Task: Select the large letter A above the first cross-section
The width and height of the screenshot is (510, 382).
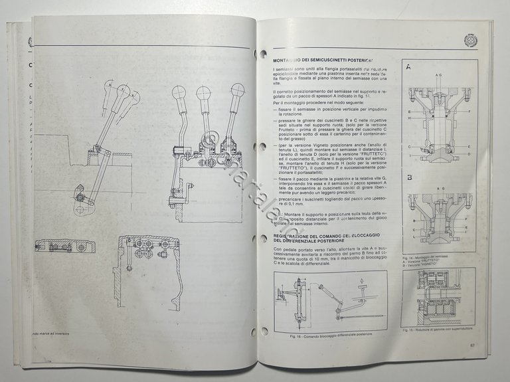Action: coord(409,66)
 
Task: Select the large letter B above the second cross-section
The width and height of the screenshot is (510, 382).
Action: coord(409,179)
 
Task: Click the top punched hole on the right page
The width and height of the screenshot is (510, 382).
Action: coord(264,53)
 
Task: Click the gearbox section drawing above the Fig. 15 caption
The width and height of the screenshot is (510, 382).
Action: coord(438,296)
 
